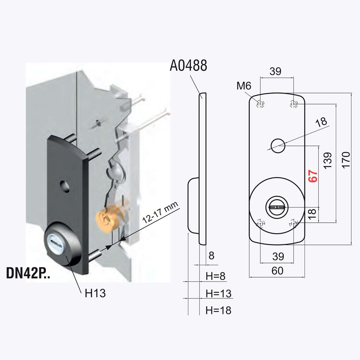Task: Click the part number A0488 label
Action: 188,66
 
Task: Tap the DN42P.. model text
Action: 28,273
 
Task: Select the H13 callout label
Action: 95,293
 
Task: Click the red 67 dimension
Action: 313,176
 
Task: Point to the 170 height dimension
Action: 346,160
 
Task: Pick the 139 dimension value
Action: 327,161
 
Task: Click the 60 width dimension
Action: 277,271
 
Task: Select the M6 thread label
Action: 244,86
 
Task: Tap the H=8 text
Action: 216,276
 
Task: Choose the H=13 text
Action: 219,294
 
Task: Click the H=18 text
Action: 219,310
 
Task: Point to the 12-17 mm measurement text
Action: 160,212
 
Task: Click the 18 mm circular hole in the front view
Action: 278,146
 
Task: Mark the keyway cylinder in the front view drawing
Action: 277,207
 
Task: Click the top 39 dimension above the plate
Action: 275,71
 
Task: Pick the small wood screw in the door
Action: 95,125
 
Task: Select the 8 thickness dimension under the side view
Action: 211,255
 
